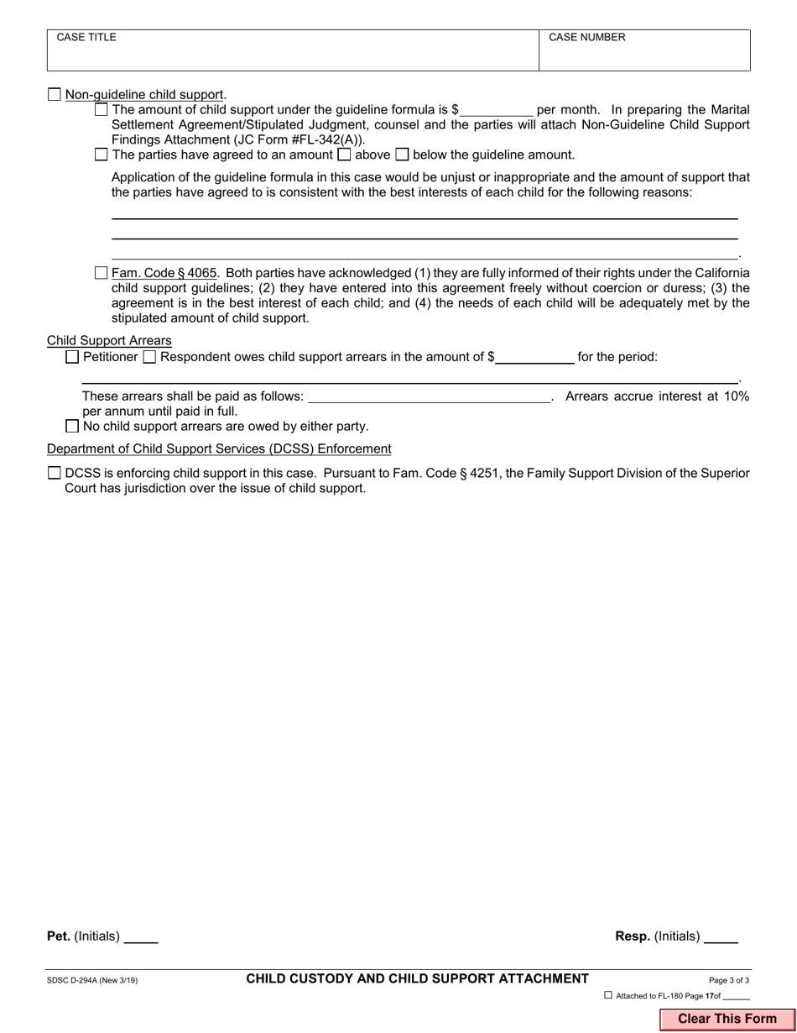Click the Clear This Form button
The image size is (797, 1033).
click(727, 1019)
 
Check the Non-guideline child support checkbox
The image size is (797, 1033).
click(55, 95)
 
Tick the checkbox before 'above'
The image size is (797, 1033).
click(344, 155)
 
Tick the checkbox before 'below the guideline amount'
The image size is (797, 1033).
click(402, 155)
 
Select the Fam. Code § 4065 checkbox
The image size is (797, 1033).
click(102, 273)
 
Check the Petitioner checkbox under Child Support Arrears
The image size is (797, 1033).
click(72, 357)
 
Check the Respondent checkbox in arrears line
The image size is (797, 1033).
click(149, 357)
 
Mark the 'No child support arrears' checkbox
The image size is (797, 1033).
click(72, 426)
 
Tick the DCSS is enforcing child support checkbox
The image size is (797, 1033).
click(55, 473)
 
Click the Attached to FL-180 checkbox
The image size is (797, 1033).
click(608, 995)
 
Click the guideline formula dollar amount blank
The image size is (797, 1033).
click(496, 110)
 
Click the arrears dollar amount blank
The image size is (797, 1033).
click(534, 357)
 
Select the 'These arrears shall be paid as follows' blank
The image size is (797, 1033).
click(429, 396)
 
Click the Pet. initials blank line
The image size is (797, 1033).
click(141, 936)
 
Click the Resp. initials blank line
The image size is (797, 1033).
click(721, 936)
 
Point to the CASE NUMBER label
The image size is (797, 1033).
click(586, 38)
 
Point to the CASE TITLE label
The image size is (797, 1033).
click(86, 38)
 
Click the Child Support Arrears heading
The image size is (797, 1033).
click(109, 340)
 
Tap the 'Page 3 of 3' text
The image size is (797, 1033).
click(729, 980)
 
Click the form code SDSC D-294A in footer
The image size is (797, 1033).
click(92, 980)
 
